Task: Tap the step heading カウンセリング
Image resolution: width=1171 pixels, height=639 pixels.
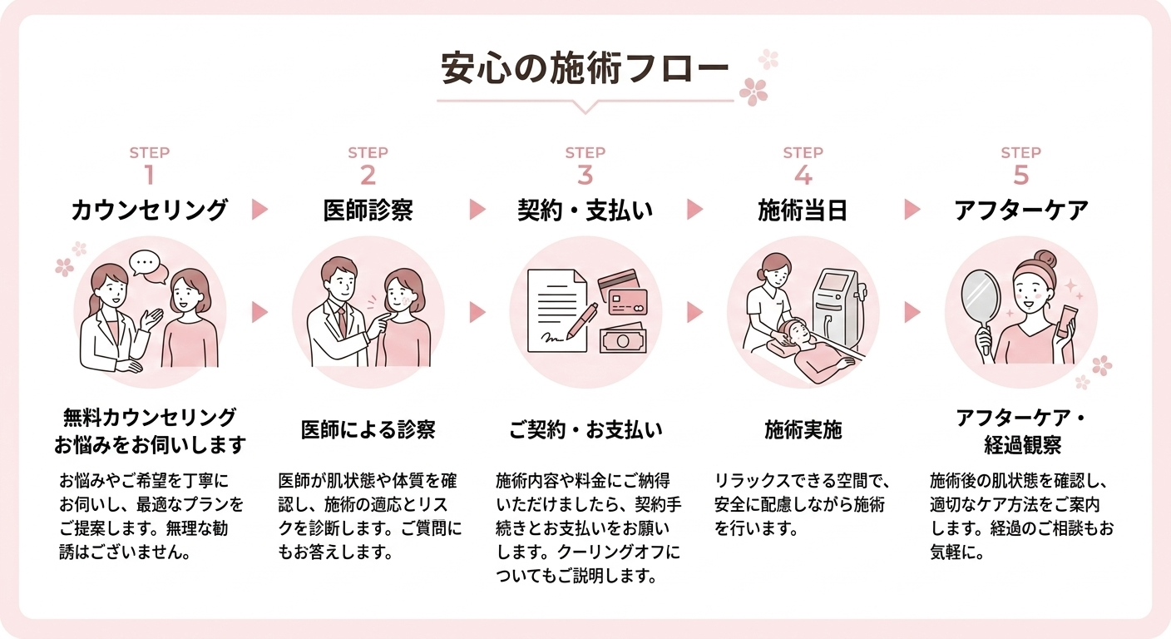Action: (149, 210)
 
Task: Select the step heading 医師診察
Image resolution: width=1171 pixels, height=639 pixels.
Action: (368, 210)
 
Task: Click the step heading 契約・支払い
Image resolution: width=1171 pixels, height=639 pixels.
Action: (585, 210)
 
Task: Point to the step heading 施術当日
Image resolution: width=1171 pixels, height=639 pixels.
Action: (803, 210)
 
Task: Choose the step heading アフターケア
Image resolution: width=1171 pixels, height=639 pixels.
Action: (1020, 210)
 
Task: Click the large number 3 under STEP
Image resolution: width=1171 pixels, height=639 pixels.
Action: (585, 176)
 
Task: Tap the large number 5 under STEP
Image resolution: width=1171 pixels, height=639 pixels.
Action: (1021, 176)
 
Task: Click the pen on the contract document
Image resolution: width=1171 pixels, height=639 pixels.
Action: (582, 321)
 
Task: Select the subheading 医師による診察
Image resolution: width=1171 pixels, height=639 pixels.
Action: (368, 430)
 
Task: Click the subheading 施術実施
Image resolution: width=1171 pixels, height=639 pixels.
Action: (803, 430)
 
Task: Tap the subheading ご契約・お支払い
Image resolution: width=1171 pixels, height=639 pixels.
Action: (585, 430)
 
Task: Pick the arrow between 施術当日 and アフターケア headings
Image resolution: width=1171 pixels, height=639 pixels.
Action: (912, 210)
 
